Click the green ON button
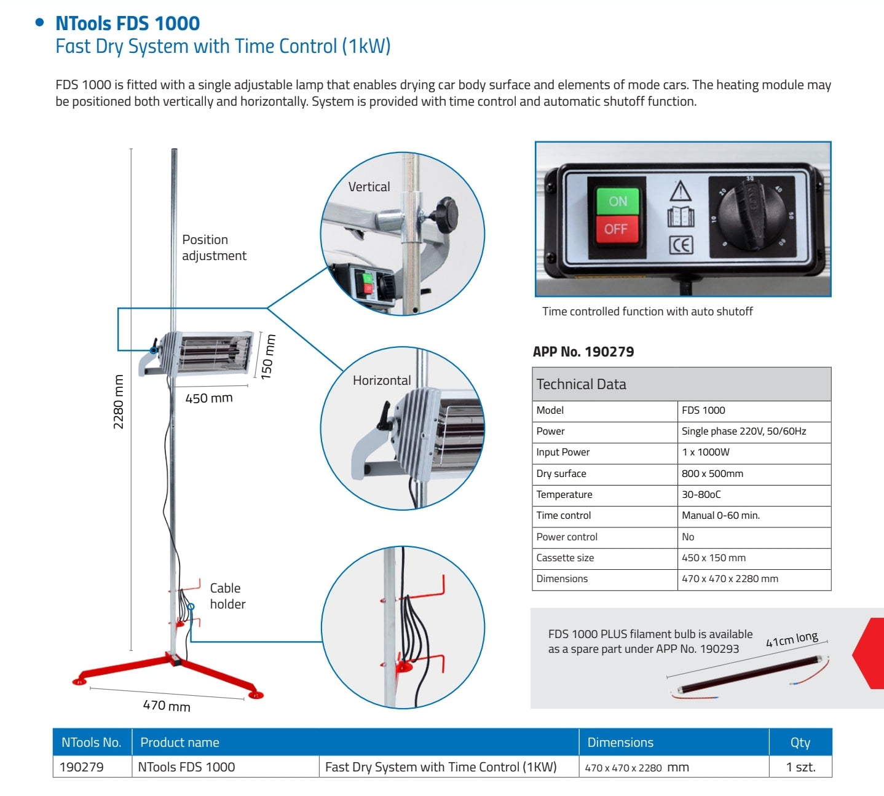pos(617,201)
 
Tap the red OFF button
pos(615,229)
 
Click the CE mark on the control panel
pos(681,245)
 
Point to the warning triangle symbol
pos(681,191)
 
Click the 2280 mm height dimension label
pos(119,402)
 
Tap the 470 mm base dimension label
pos(167,706)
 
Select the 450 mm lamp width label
pos(209,398)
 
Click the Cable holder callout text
pos(227,596)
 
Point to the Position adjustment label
pos(213,248)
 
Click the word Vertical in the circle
pos(369,187)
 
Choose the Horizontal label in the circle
pos(382,380)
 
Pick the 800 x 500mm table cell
pos(712,473)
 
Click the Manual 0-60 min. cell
pos(720,516)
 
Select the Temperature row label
pos(564,495)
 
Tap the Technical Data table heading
pos(581,385)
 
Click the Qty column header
pos(800,743)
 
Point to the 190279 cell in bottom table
pos(82,767)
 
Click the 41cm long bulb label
pos(792,639)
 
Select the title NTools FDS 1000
pos(127,23)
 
